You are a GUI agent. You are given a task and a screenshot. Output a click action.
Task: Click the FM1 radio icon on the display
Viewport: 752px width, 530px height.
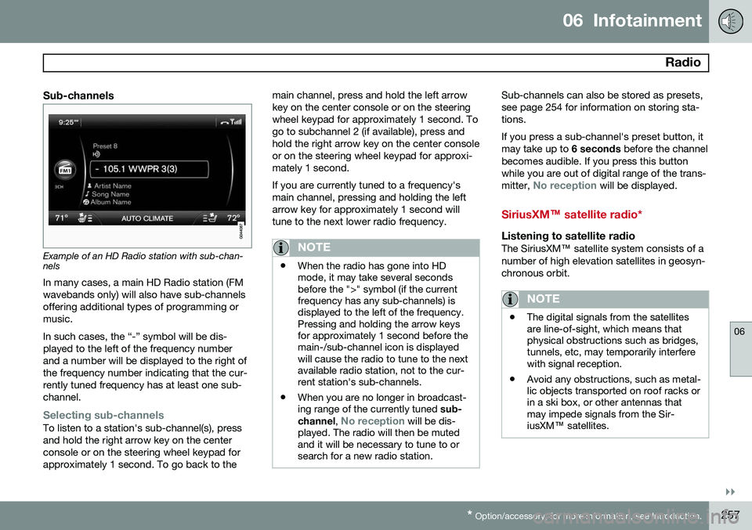pyautogui.click(x=66, y=170)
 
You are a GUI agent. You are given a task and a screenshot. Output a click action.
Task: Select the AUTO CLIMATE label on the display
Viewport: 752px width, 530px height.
pyautogui.click(x=147, y=218)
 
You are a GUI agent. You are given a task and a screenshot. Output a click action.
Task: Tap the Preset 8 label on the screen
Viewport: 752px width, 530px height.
pyautogui.click(x=105, y=146)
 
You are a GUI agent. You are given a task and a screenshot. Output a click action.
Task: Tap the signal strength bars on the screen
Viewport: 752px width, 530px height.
pyautogui.click(x=236, y=122)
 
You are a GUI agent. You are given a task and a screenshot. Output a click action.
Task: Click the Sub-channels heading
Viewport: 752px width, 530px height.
pyautogui.click(x=78, y=96)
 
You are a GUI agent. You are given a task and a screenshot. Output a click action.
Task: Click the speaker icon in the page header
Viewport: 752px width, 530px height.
pyautogui.click(x=729, y=21)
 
